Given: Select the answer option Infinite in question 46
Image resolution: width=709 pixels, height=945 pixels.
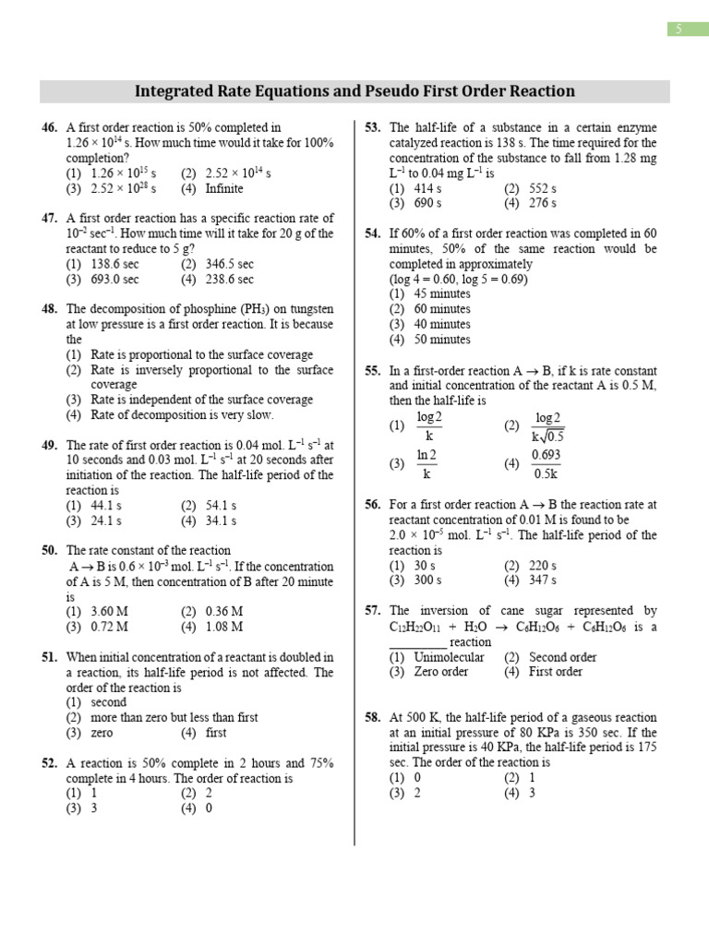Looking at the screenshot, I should click(224, 188).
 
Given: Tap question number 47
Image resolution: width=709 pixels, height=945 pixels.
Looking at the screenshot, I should click(50, 218).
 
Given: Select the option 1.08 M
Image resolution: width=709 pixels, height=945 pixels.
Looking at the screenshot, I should click(224, 627).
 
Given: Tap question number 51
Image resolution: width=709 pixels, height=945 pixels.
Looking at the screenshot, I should click(50, 657).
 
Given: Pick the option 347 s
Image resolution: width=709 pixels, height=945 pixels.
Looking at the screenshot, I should click(542, 580).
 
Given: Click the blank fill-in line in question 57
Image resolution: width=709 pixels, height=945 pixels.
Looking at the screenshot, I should click(417, 642).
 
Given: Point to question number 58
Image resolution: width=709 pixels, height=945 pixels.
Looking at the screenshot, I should click(373, 717).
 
